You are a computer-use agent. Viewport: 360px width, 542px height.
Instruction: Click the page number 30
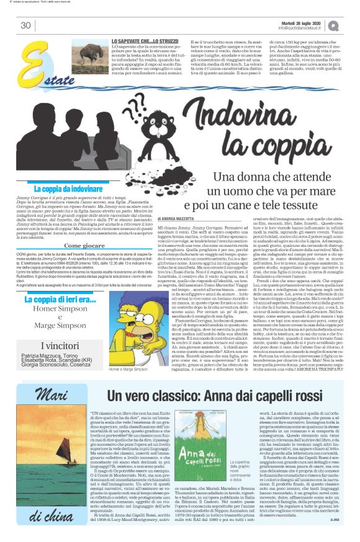click(25, 25)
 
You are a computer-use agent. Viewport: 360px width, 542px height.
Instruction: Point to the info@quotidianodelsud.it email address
click(307, 28)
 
